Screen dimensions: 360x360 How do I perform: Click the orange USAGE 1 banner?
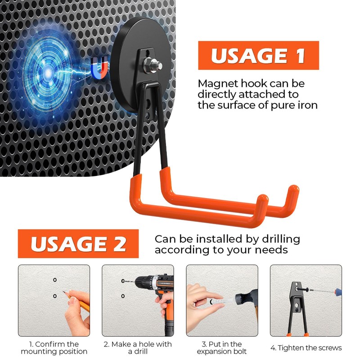[x=258, y=55]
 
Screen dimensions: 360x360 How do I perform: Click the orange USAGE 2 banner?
[x=78, y=243]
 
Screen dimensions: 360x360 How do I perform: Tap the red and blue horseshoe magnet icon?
[x=99, y=67]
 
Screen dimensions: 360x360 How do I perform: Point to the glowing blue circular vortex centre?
[x=48, y=73]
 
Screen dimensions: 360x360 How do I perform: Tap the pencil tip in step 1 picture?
[x=63, y=292]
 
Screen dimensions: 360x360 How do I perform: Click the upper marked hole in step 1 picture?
[x=54, y=280]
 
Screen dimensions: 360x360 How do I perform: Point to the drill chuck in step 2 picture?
[x=142, y=282]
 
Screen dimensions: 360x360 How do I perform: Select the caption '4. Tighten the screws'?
[x=306, y=348]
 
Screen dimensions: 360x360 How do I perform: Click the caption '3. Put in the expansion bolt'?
[x=222, y=348]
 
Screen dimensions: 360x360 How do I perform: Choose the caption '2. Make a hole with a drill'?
[x=138, y=348]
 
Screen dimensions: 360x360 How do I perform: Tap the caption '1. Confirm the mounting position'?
[x=54, y=348]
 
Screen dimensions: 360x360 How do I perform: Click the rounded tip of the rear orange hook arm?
[x=293, y=189]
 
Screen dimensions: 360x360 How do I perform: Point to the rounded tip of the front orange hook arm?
[x=263, y=199]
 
